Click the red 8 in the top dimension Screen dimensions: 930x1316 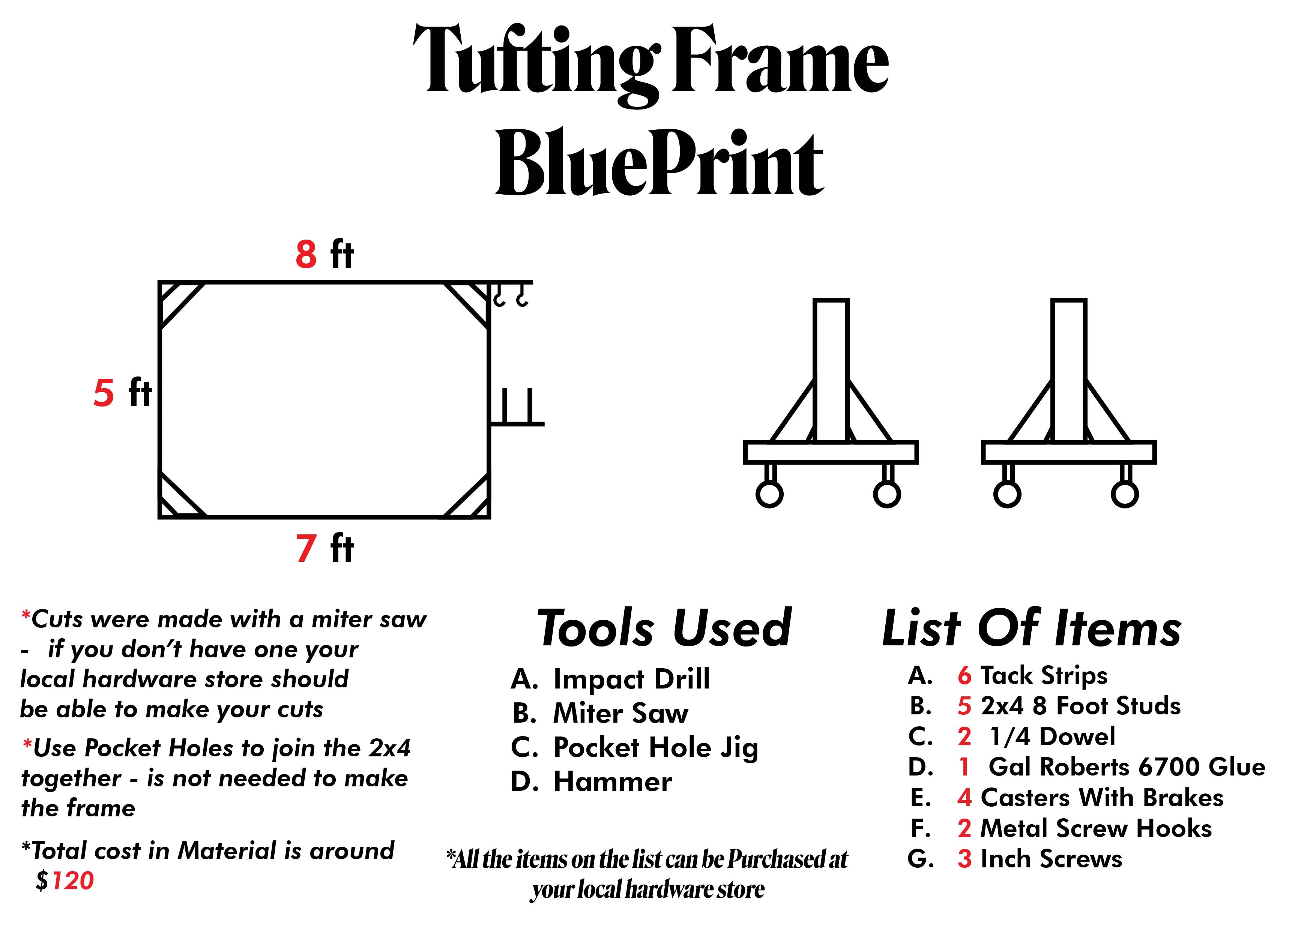pyautogui.click(x=306, y=254)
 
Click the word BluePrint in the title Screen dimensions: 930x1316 pyautogui.click(x=659, y=163)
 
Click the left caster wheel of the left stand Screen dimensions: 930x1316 pyautogui.click(x=769, y=494)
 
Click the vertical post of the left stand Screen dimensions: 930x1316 pyautogui.click(x=831, y=370)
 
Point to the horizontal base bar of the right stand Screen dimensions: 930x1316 pyautogui.click(x=1068, y=452)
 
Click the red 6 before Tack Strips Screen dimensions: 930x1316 pyautogui.click(x=964, y=676)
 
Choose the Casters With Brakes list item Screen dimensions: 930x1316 pyautogui.click(x=1102, y=798)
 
